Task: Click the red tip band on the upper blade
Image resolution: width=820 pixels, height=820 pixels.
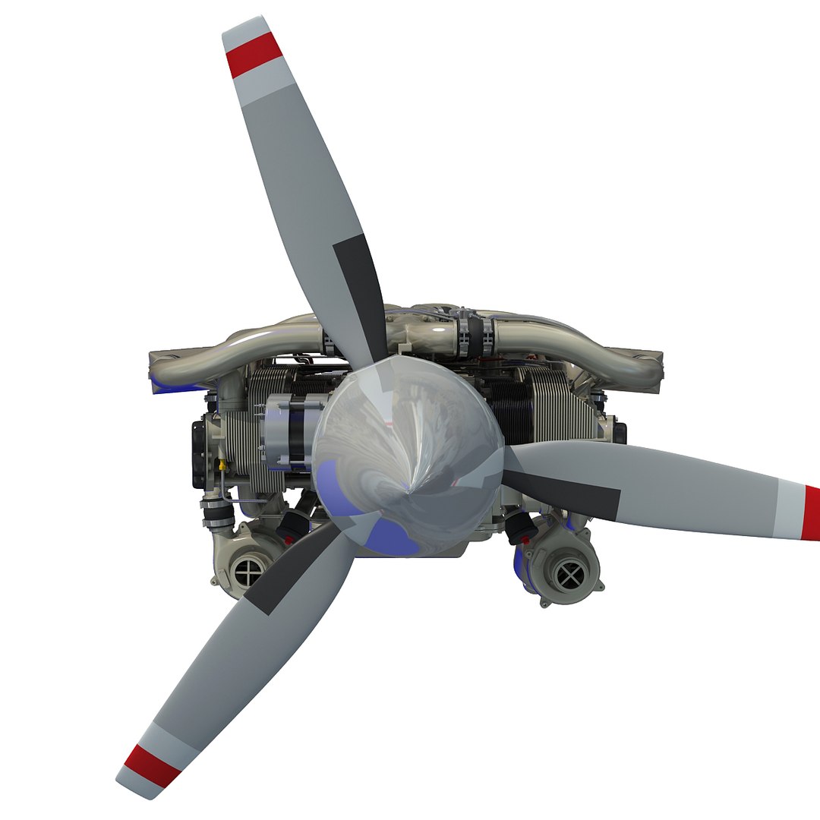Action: [255, 55]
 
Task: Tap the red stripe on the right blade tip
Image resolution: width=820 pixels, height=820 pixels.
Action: [812, 513]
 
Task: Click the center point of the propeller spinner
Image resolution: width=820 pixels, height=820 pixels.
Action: [410, 486]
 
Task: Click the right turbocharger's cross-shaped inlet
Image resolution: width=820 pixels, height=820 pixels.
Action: [569, 576]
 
